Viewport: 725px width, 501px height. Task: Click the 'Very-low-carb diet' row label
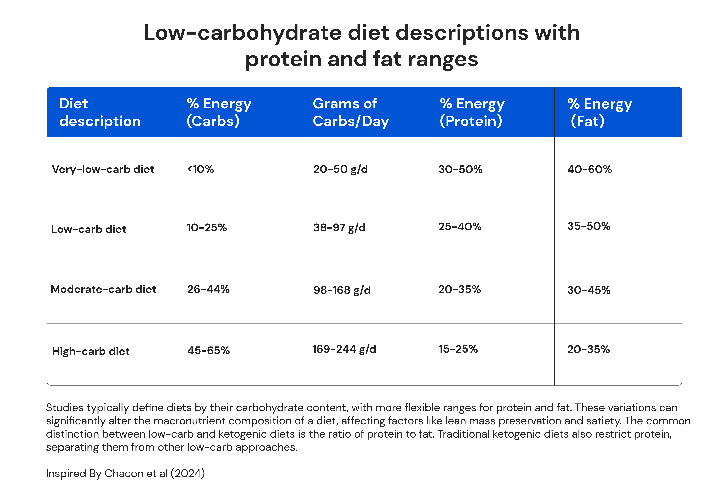coord(103,170)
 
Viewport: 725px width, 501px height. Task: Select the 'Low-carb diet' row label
coord(89,229)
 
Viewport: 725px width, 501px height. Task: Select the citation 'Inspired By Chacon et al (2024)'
coord(125,473)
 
